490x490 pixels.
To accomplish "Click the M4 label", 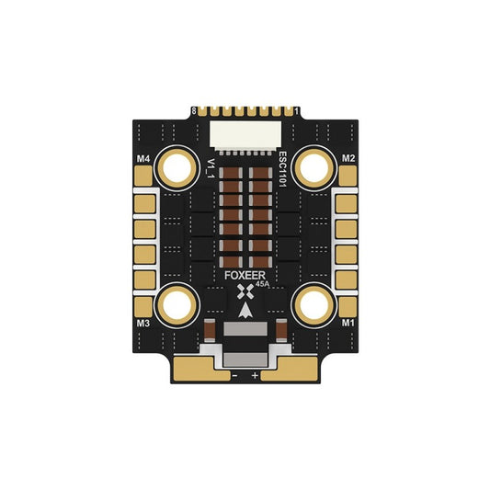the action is pyautogui.click(x=143, y=159).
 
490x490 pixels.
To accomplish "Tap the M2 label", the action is pyautogui.click(x=348, y=158).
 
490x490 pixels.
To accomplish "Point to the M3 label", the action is pyautogui.click(x=143, y=324).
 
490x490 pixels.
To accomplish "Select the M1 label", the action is pyautogui.click(x=348, y=323).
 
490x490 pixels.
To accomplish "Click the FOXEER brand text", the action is pyautogui.click(x=245, y=276).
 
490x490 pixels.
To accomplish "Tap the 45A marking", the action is pyautogui.click(x=262, y=284).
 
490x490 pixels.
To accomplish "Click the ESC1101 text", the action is pyautogui.click(x=282, y=169).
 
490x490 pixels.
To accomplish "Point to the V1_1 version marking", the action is pyautogui.click(x=211, y=168).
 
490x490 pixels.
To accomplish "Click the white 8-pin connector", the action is pyautogui.click(x=245, y=136).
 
